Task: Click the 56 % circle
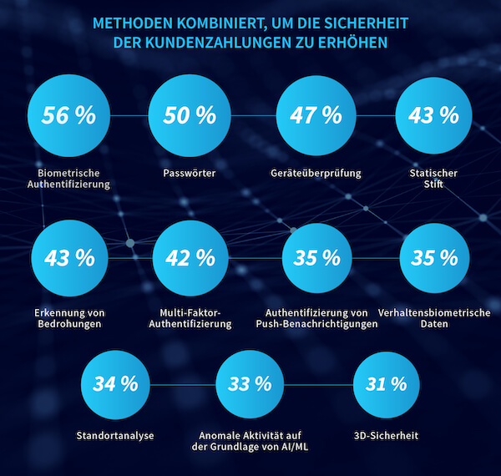coord(69,116)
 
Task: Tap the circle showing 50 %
coord(190,116)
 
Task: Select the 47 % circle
coord(315,116)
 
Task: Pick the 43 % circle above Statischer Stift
coord(433,116)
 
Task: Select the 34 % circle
coord(115,385)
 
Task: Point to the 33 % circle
coord(250,385)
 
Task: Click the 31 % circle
coord(386,385)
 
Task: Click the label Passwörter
coord(190,174)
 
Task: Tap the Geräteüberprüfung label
coord(315,174)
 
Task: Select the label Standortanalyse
coord(115,436)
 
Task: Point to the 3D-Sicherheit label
coord(386,436)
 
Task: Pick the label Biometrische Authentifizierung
coord(69,179)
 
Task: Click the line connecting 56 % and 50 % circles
coord(129,115)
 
